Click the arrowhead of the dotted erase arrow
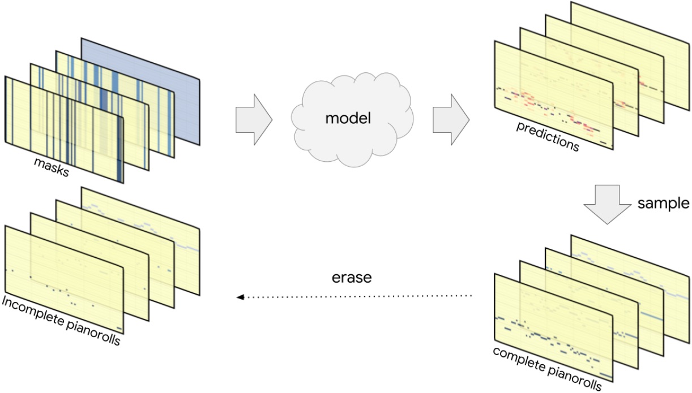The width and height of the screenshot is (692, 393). tap(240, 296)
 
